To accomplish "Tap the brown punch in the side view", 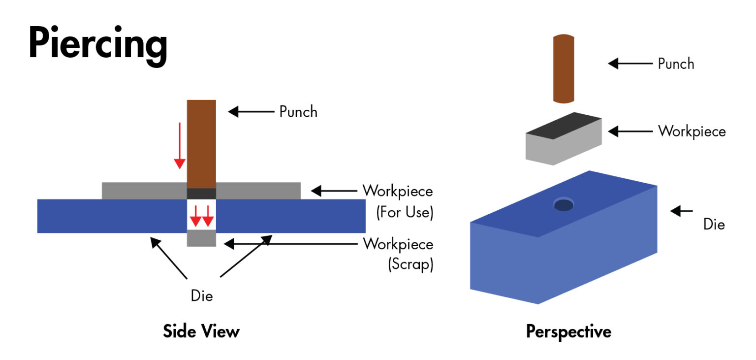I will [201, 143].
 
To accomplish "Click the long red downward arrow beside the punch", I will [180, 145].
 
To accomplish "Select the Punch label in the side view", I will [298, 112].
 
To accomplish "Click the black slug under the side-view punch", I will [201, 194].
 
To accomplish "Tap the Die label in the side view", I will [201, 295].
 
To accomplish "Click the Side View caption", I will [201, 331].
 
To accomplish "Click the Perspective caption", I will [568, 331].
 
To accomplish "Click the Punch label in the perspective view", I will [676, 64].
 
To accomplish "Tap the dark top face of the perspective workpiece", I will [564, 125].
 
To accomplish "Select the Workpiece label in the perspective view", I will [692, 131].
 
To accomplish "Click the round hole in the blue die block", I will [564, 204].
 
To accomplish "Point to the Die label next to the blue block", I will [714, 225].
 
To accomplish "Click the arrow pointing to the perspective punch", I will [630, 64].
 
